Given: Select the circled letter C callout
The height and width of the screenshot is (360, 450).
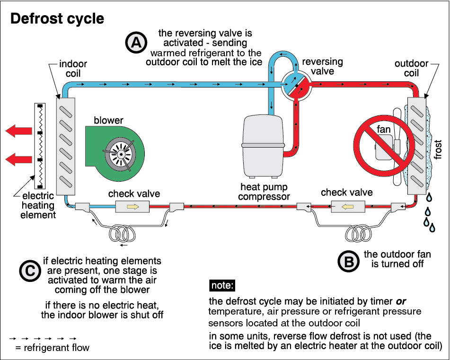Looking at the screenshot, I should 29,271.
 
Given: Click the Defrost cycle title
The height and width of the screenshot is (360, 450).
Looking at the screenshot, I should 57,19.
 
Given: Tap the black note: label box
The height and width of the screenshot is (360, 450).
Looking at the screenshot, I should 221,286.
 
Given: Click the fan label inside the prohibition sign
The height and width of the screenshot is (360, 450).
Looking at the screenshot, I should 383,128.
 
